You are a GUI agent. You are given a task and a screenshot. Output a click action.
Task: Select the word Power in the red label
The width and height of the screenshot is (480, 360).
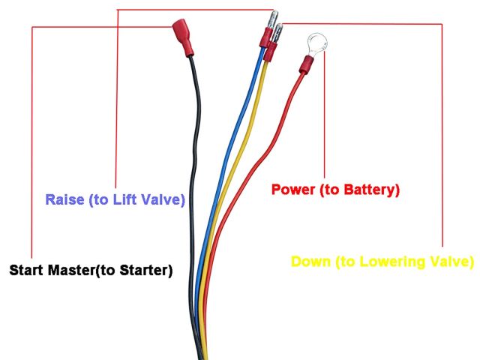293,190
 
